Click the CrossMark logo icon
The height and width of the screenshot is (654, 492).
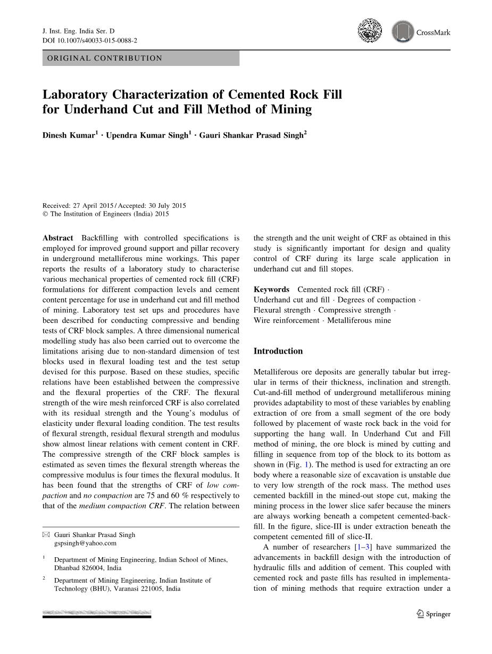click(x=403, y=32)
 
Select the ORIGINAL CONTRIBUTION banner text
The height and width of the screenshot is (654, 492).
click(x=105, y=58)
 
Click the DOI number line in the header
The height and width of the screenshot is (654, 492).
click(x=89, y=40)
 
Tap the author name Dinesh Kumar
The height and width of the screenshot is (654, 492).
click(x=69, y=135)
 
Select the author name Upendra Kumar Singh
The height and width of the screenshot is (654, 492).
click(x=147, y=135)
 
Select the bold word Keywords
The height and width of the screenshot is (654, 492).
click(x=271, y=289)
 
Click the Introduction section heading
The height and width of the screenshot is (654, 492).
click(x=278, y=351)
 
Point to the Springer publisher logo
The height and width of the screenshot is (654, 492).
click(x=433, y=614)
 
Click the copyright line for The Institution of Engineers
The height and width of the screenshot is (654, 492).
click(x=105, y=214)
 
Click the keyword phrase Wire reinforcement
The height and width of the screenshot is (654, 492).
click(x=286, y=321)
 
